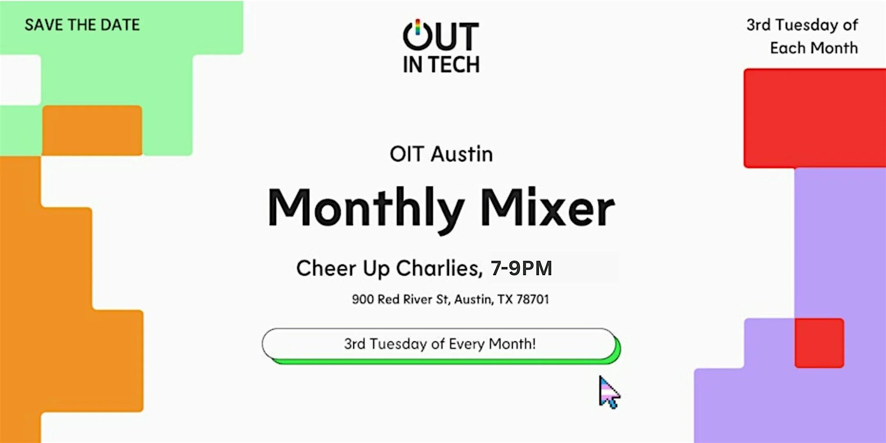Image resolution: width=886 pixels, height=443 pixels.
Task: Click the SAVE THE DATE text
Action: pos(82,25)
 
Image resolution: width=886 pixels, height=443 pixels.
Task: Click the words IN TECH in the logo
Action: pos(441,65)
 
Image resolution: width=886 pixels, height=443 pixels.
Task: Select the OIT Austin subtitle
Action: pos(441,154)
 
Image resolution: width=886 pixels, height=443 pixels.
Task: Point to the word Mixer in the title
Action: pos(547,208)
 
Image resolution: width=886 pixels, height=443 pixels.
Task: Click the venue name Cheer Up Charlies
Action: pos(389,268)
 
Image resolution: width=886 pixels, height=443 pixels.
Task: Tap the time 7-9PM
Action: pos(521,268)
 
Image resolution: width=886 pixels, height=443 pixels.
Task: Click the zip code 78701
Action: pos(532,299)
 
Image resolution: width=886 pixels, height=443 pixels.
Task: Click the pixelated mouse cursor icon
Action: pos(609,393)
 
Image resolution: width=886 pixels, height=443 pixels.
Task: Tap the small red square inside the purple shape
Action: pos(819,343)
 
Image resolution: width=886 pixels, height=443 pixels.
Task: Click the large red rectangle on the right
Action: pos(814,118)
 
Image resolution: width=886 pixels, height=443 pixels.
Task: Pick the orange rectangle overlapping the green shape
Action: pos(92,130)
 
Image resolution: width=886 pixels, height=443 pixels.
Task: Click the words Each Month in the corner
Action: pos(814,48)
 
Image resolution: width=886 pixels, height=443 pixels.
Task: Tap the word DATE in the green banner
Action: pos(120,25)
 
